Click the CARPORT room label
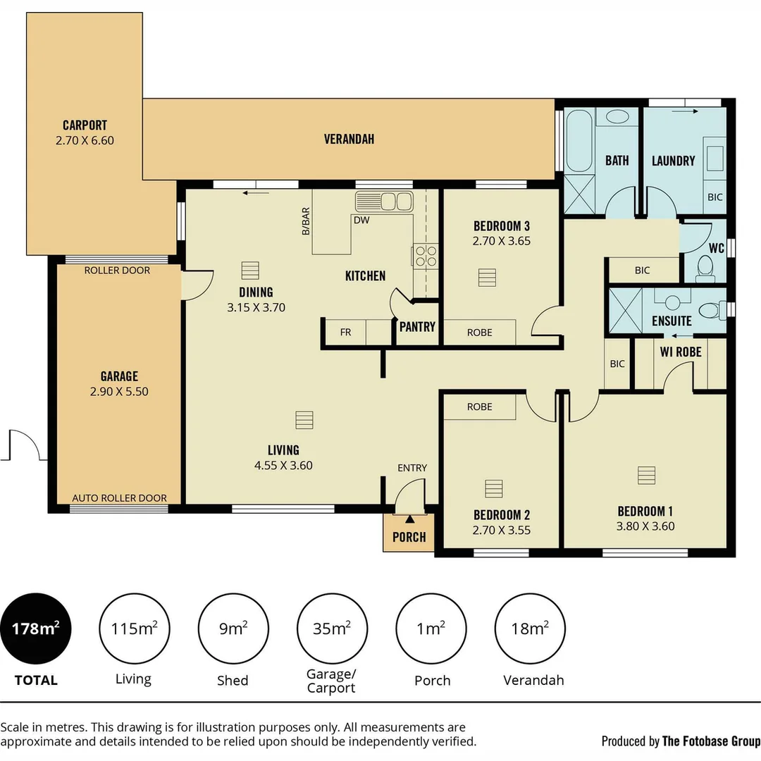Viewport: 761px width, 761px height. [x=85, y=125]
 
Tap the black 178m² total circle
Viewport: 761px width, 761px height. [x=35, y=629]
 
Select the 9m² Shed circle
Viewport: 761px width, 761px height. [x=233, y=629]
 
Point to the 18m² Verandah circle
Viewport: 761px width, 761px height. [x=530, y=629]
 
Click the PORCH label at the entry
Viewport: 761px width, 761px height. [x=409, y=537]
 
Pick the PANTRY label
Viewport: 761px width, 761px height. [x=417, y=327]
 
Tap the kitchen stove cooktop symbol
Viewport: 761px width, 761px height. [x=425, y=255]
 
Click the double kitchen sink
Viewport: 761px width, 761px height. [x=384, y=202]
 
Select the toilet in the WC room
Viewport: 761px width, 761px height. [x=705, y=267]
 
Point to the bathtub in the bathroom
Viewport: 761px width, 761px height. [x=579, y=140]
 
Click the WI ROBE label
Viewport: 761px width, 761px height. [x=681, y=352]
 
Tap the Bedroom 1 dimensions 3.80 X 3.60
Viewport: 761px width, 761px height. [x=645, y=526]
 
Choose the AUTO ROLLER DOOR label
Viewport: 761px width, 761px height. [x=119, y=497]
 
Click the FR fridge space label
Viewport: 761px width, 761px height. [x=345, y=333]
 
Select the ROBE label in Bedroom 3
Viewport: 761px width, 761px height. [x=479, y=333]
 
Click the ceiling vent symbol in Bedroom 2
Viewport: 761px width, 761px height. [x=493, y=488]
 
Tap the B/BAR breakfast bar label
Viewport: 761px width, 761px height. [x=305, y=221]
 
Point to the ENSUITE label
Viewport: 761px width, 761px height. [x=672, y=321]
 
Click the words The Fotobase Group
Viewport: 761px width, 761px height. [x=711, y=741]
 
